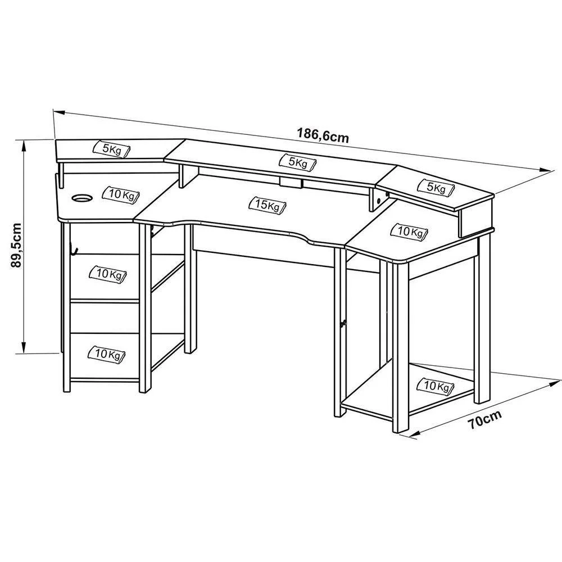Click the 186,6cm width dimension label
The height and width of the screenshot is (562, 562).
323,135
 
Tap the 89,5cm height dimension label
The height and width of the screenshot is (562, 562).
16,246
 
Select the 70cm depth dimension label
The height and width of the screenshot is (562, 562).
484,419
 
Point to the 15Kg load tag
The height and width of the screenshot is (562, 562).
268,205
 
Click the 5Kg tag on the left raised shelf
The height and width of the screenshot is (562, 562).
112,149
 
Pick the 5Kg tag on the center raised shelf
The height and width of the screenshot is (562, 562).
298,162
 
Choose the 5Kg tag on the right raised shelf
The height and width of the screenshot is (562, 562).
436,188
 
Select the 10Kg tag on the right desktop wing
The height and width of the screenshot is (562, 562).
409,232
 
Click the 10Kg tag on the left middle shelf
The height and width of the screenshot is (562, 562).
107,275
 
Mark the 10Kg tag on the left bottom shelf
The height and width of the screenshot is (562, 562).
106,355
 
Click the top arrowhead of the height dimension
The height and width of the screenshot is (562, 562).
23,145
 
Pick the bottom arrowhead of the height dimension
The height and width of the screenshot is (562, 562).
23,347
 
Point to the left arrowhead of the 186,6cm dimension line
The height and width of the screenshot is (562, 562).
59,112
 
